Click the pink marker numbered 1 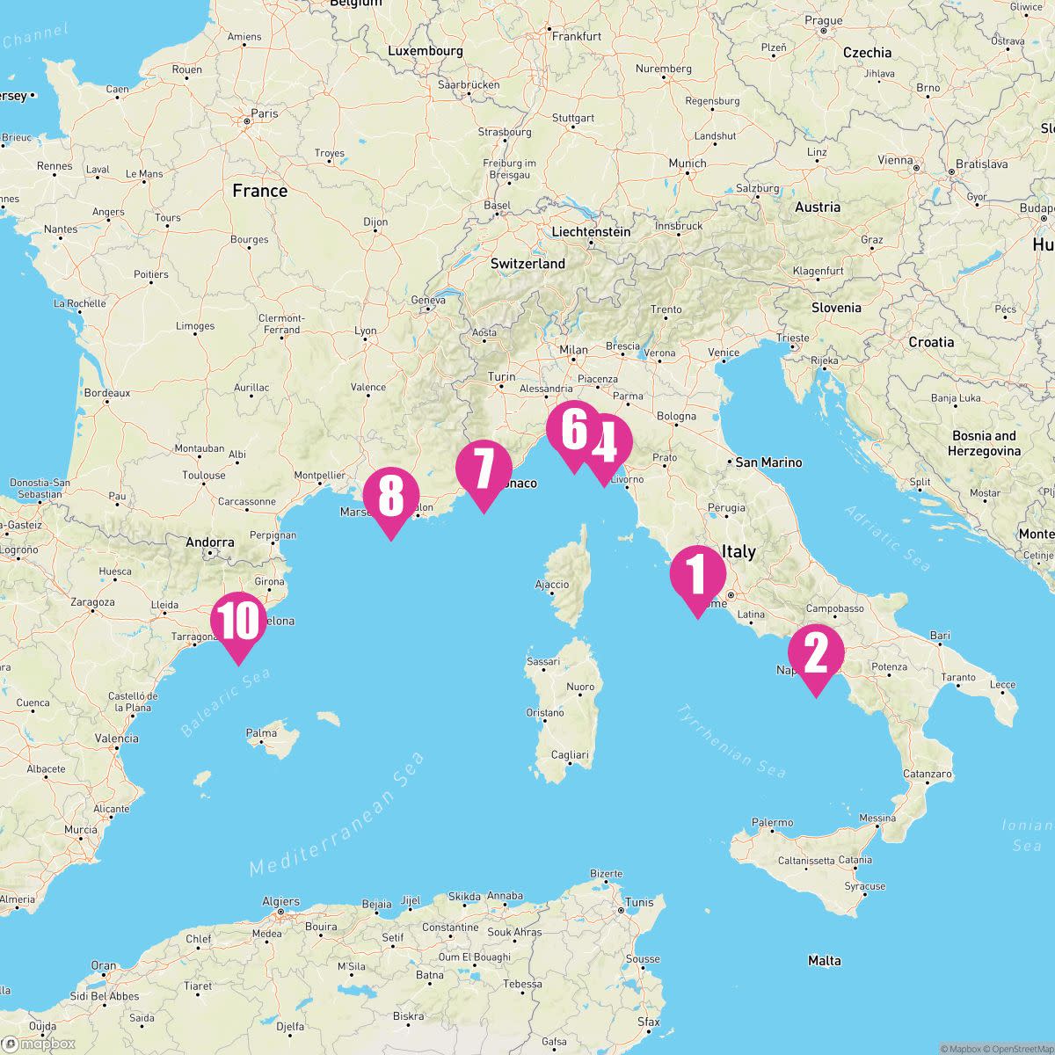[x=697, y=575]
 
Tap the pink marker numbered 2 [x=816, y=654]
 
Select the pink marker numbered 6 [x=573, y=430]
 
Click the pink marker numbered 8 [x=391, y=496]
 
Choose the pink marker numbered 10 [x=238, y=622]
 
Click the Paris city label [x=264, y=113]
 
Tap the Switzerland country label [x=527, y=264]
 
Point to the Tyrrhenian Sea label [x=731, y=740]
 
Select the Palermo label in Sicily [x=772, y=823]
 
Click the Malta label [x=824, y=961]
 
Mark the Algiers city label [x=281, y=901]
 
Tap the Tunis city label [x=639, y=902]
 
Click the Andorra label [x=210, y=542]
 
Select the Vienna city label [x=895, y=160]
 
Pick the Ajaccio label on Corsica [x=552, y=585]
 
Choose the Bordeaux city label [x=108, y=392]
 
